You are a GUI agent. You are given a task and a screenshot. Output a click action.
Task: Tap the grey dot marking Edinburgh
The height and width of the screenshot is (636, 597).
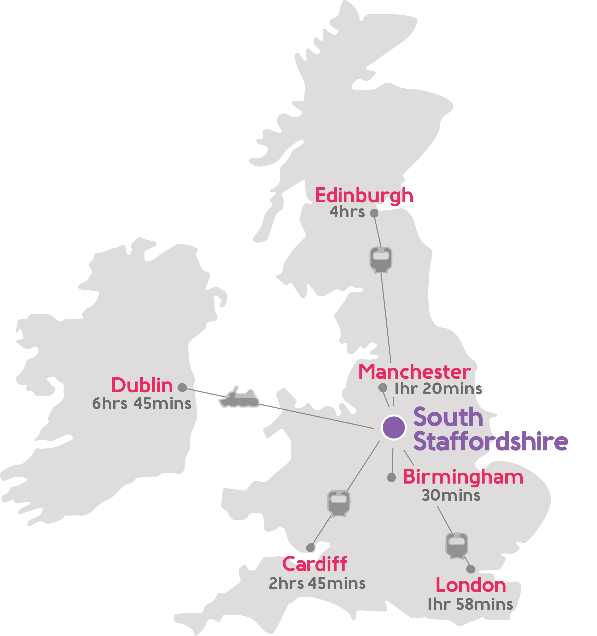(374, 213)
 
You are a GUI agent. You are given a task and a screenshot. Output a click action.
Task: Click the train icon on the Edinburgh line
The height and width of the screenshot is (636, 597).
(381, 259)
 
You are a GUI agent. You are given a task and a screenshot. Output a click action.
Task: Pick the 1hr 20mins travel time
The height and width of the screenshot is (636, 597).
(438, 389)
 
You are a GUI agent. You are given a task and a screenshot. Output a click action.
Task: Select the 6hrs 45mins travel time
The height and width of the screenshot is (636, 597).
(141, 403)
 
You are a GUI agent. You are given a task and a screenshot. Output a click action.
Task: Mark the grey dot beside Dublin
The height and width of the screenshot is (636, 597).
(182, 387)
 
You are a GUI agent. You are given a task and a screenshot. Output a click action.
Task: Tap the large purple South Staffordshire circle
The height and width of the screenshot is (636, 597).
(394, 427)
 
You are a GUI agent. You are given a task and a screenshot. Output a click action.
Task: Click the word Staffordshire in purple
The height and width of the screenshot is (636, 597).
(491, 442)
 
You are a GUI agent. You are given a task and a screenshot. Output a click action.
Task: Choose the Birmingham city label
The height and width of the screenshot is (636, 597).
(463, 477)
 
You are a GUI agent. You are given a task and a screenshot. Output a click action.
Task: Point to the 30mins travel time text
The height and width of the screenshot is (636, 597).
(451, 495)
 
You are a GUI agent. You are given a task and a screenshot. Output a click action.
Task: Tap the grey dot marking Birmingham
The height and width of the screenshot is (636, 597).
(392, 478)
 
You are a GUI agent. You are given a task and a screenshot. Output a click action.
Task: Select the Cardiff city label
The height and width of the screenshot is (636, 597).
(315, 564)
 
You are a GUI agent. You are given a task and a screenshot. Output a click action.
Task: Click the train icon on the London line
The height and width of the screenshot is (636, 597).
(457, 546)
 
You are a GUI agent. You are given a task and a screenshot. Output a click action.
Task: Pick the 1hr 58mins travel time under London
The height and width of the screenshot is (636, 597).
(470, 604)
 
